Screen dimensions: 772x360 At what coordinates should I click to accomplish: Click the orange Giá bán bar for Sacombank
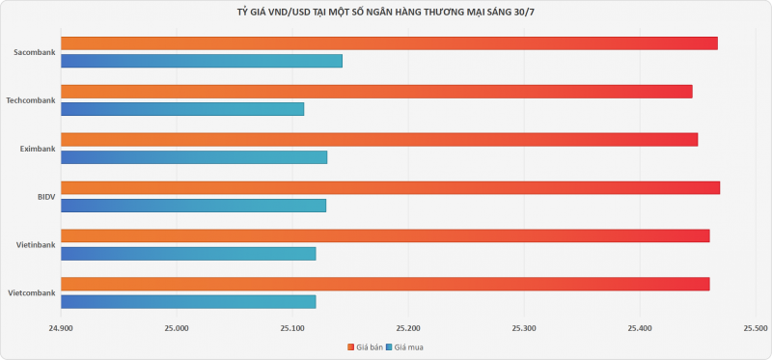[x=389, y=43]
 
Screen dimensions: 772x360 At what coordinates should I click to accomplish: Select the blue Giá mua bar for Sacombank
[x=202, y=61]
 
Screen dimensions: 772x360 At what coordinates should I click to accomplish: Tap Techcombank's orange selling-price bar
[x=376, y=92]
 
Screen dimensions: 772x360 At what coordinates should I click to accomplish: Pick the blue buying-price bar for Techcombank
[x=182, y=109]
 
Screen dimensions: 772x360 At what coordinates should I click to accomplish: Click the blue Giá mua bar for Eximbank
[x=194, y=157]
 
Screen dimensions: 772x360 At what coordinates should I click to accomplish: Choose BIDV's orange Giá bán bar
[x=391, y=187]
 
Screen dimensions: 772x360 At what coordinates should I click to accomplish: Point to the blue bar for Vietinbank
[x=188, y=254]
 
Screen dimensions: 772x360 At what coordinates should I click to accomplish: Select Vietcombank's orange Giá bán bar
[x=385, y=284]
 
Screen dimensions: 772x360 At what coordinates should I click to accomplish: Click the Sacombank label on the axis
[x=35, y=52]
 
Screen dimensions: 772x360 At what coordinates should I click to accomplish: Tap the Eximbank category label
[x=38, y=149]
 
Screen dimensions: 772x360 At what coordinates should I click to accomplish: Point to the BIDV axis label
[x=46, y=197]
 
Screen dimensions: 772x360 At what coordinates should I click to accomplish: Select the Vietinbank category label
[x=36, y=245]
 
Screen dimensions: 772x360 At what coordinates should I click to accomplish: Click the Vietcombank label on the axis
[x=32, y=293]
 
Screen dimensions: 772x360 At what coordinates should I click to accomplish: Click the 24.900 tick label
[x=61, y=328]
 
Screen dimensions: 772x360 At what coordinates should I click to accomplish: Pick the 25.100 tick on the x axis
[x=292, y=328]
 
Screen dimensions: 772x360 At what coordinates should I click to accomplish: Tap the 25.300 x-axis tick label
[x=524, y=328]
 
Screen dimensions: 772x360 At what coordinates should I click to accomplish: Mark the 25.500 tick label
[x=756, y=328]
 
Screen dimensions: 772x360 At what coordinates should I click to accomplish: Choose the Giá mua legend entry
[x=404, y=347]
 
